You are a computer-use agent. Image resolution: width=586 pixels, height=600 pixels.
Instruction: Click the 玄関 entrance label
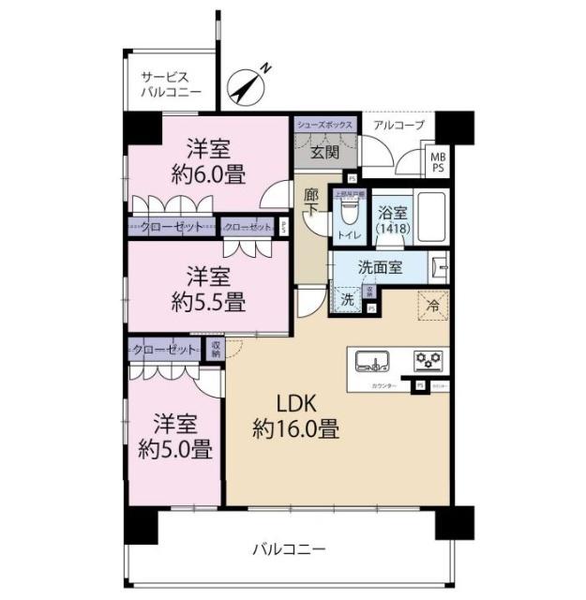click(x=325, y=151)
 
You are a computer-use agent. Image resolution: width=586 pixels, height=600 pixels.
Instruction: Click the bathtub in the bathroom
click(x=430, y=219)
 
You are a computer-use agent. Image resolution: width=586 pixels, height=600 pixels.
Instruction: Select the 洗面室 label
click(x=381, y=267)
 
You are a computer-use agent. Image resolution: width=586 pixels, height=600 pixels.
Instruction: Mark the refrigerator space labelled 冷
click(x=433, y=305)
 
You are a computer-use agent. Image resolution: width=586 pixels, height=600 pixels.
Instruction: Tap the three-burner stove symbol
click(x=430, y=360)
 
